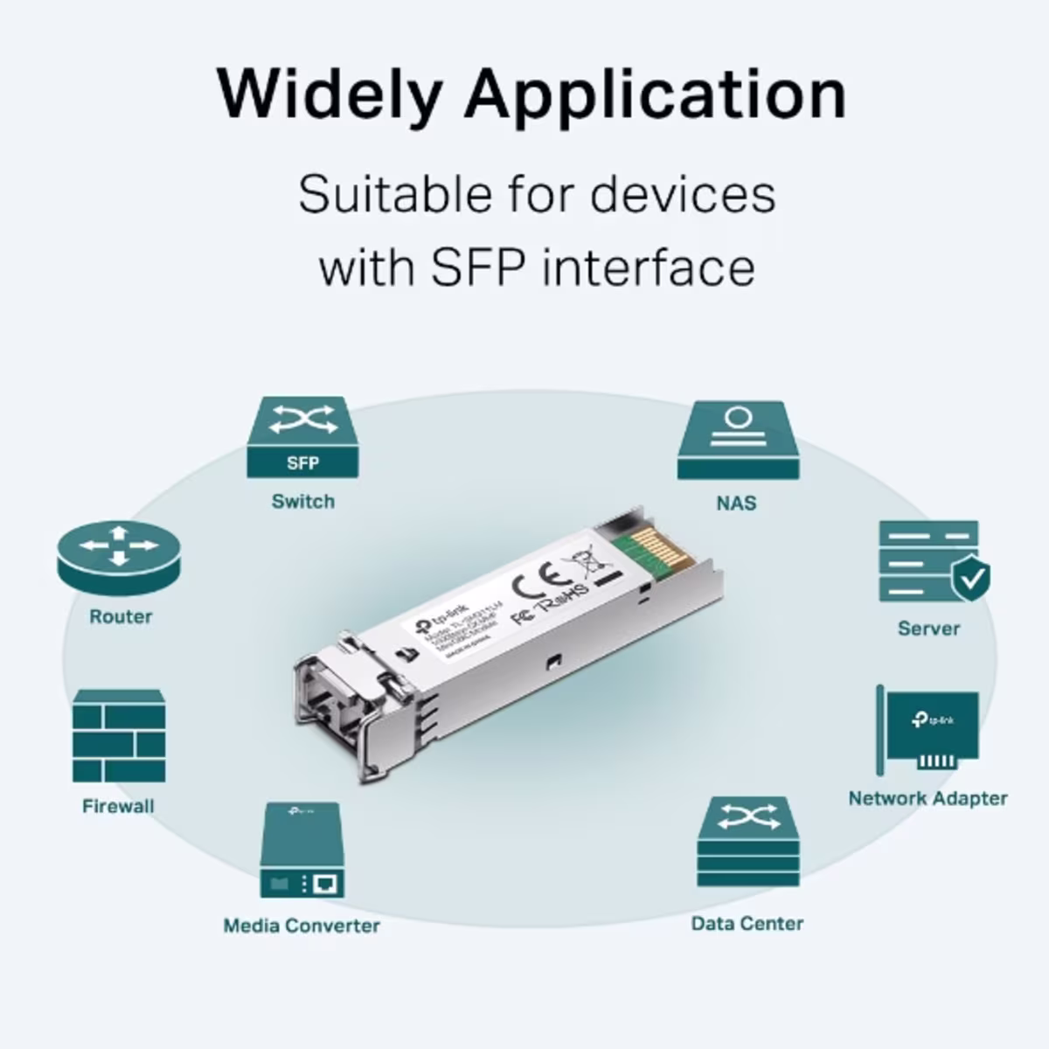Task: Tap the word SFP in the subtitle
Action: pos(477,267)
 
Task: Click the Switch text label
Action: pos(302,502)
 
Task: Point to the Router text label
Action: pos(121,616)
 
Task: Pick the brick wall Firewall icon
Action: pos(119,736)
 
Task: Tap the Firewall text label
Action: pos(118,806)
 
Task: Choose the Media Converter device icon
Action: pos(302,850)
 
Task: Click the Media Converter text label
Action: pos(302,926)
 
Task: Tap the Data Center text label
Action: pos(747,923)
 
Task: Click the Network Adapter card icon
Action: pos(928,731)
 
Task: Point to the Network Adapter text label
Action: pos(927,798)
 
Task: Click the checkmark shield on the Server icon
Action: pos(970,578)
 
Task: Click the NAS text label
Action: pos(736,504)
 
